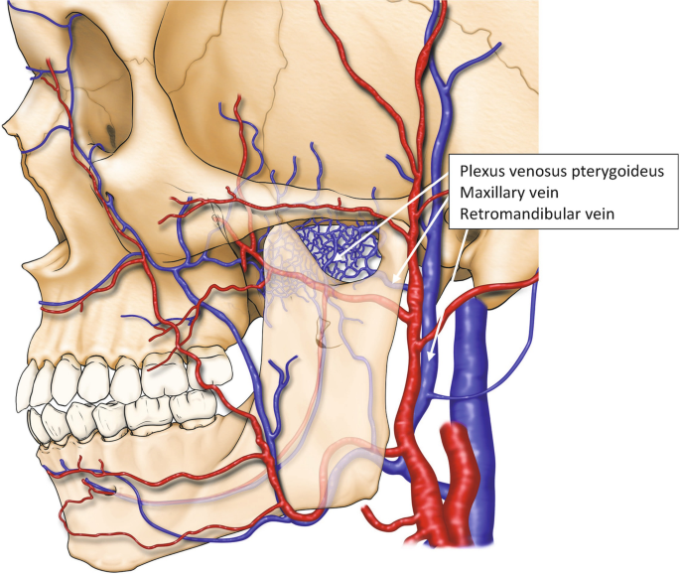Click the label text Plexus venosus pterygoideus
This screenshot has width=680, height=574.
tap(562, 172)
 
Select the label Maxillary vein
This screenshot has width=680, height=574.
tap(509, 193)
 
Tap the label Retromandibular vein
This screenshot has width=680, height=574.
tap(537, 214)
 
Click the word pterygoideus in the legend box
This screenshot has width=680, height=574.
tap(616, 172)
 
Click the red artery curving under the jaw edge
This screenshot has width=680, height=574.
tap(304, 515)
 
